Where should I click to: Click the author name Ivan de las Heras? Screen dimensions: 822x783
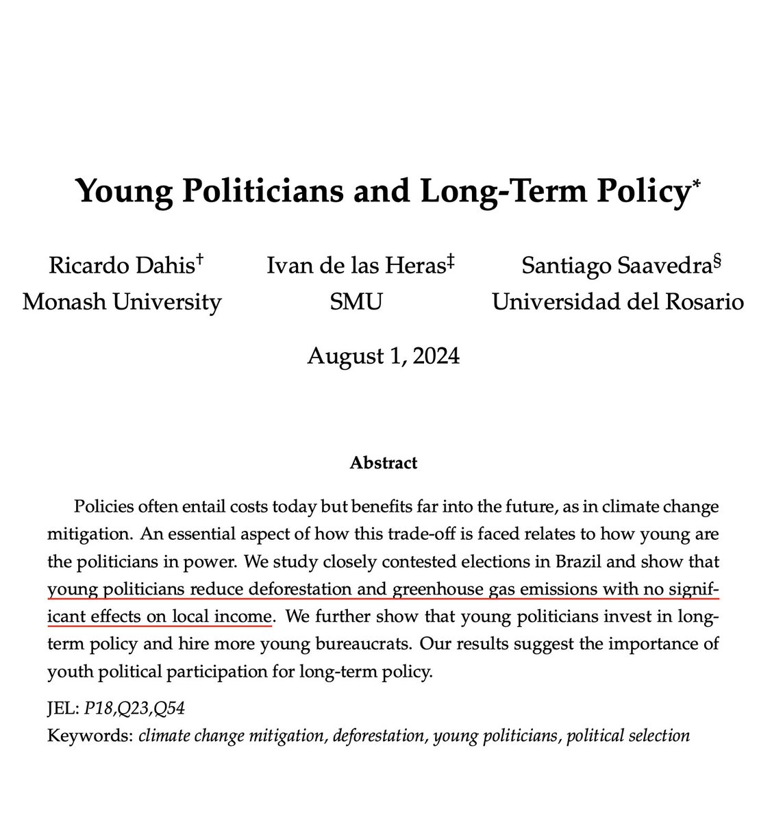(x=357, y=266)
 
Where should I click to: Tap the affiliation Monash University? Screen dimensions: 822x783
(x=122, y=301)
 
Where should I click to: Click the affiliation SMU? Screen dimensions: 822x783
(x=356, y=301)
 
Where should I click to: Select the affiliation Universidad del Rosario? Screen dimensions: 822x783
(x=618, y=301)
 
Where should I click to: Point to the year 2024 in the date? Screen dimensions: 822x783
(x=434, y=356)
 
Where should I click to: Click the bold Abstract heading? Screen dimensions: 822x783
(x=383, y=463)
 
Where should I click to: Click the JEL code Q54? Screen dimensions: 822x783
(x=171, y=709)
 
